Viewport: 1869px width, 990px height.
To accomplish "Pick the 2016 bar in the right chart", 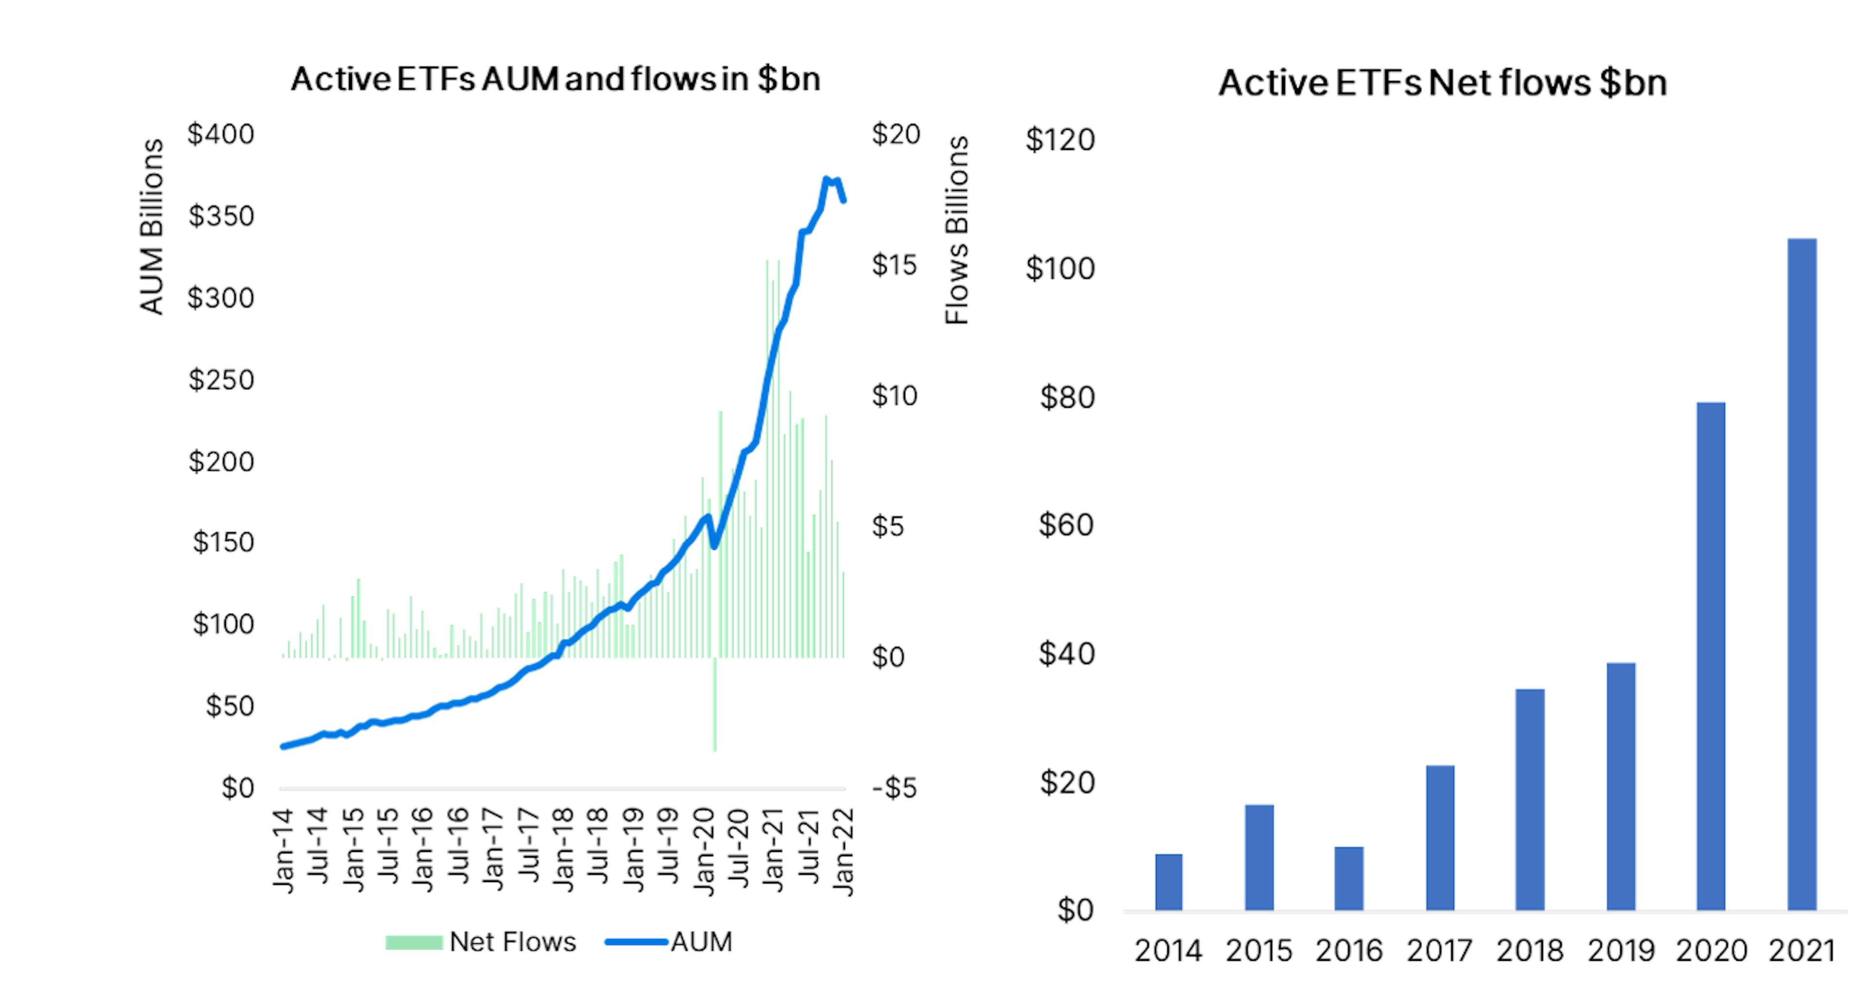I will [x=1349, y=878].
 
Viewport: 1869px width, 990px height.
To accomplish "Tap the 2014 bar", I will [x=1168, y=881].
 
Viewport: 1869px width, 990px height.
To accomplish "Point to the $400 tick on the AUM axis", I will [x=220, y=134].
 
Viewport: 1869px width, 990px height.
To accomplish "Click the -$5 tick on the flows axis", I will [x=894, y=788].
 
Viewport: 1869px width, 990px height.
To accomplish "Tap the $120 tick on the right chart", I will [x=1059, y=140].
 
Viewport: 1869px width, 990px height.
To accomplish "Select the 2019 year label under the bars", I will [x=1620, y=951].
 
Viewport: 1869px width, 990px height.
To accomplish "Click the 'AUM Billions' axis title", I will [x=152, y=226].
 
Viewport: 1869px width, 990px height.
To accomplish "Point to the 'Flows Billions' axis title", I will [x=957, y=230].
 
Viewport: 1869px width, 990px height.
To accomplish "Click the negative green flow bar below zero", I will [x=715, y=703].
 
